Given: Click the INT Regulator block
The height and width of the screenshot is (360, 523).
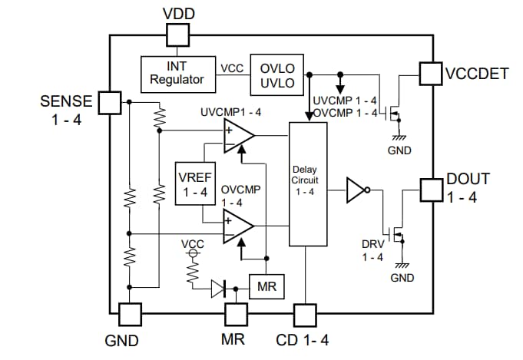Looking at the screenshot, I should point(177,73).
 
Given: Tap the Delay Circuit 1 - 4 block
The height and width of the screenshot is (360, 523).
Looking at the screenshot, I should point(308,184).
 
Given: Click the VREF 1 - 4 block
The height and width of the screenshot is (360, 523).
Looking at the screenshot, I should point(194,184).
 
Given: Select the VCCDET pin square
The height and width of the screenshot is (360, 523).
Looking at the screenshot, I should point(431,74).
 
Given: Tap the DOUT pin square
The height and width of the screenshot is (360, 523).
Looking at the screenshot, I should point(431,188).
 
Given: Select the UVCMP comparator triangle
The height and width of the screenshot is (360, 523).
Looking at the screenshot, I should point(238,136).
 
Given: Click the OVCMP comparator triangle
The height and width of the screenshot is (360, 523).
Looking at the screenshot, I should point(238,225).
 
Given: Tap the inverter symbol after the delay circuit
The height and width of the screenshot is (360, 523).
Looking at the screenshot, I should point(356,190).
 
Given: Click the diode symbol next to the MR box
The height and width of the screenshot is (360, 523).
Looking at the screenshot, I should point(220,289).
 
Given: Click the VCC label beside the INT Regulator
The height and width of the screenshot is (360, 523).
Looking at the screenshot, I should point(232,68).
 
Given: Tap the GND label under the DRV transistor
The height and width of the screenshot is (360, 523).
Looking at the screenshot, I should point(402,277).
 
